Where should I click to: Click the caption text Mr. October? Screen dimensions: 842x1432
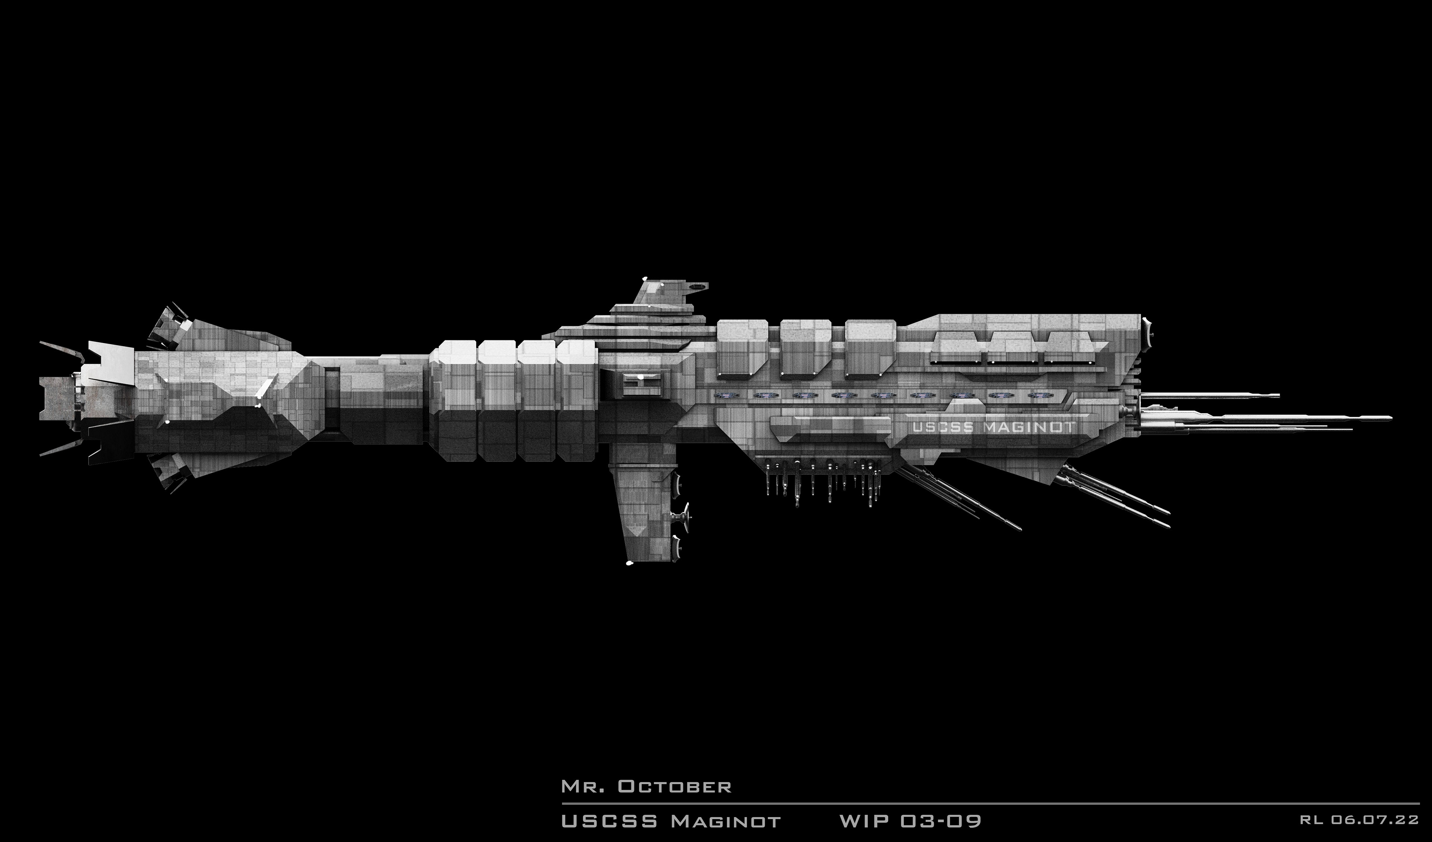(x=646, y=786)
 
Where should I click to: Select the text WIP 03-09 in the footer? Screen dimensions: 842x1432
(x=910, y=821)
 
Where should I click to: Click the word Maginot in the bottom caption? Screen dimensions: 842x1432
(x=726, y=821)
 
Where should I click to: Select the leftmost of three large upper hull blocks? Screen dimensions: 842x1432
(x=742, y=348)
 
